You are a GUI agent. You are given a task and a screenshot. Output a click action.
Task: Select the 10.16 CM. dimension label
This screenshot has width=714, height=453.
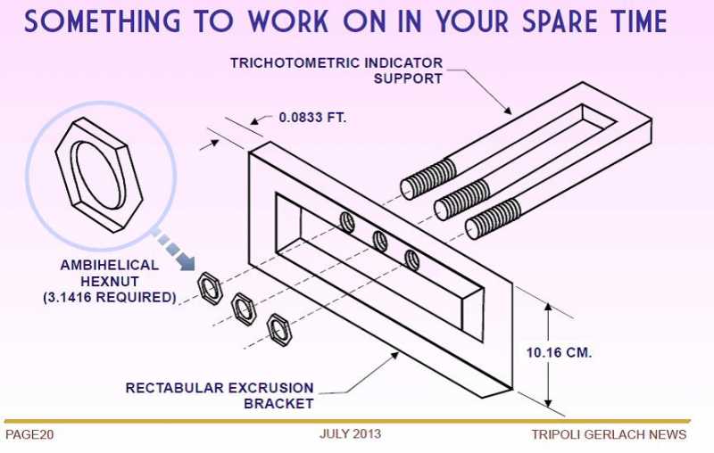(x=560, y=351)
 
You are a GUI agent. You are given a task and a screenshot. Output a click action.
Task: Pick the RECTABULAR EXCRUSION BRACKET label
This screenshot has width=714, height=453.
(x=220, y=395)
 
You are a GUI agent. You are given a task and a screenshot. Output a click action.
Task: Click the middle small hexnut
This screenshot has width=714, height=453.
(x=244, y=309)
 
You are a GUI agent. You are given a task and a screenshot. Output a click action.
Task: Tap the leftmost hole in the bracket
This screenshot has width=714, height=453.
(x=347, y=222)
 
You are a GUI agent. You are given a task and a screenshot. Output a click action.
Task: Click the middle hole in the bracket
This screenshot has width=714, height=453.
(x=379, y=240)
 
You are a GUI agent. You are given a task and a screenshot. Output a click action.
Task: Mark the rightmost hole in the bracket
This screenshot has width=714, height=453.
(x=411, y=259)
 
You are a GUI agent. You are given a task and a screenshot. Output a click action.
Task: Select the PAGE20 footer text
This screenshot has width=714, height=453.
(x=30, y=434)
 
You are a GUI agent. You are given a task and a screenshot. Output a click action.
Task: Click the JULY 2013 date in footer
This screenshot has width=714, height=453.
(x=350, y=434)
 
